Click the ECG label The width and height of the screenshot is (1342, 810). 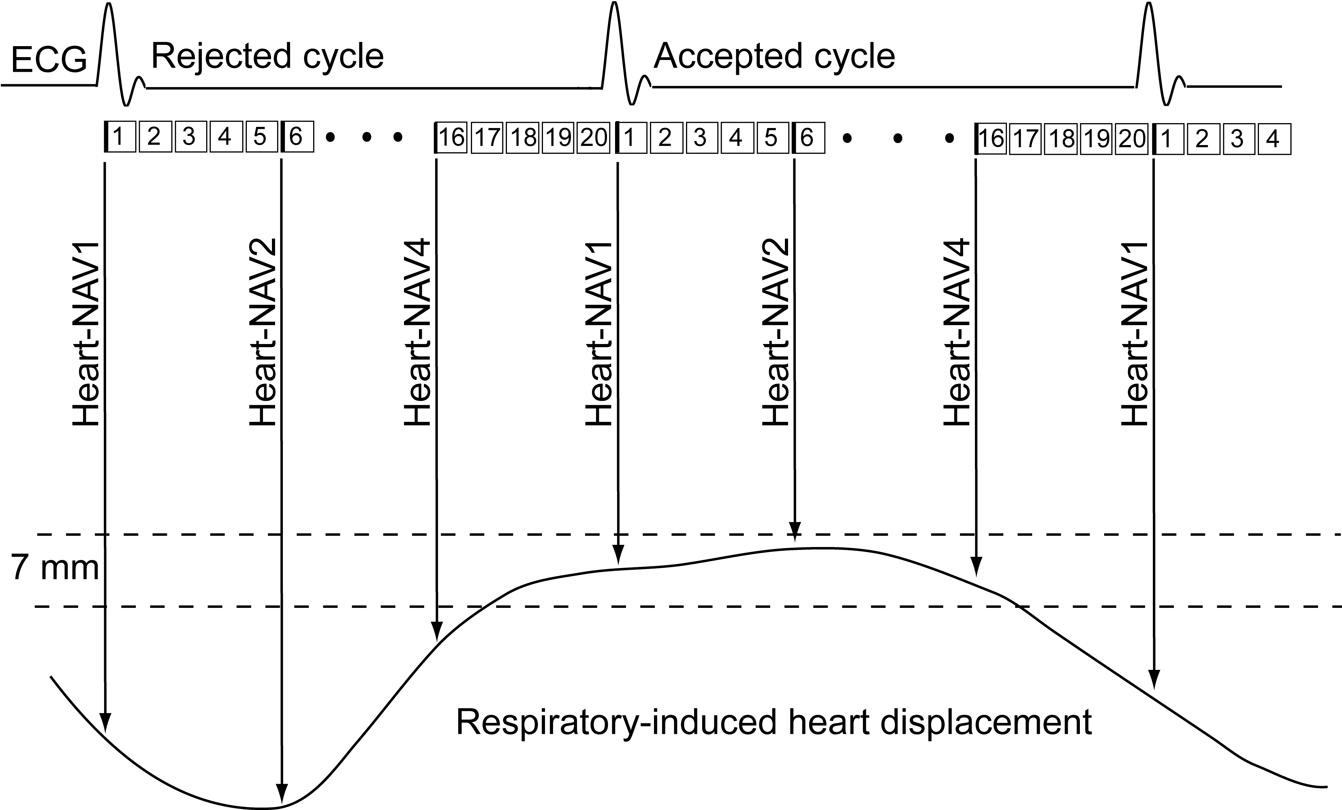click(x=49, y=60)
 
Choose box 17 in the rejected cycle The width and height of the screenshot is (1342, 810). click(x=487, y=138)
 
